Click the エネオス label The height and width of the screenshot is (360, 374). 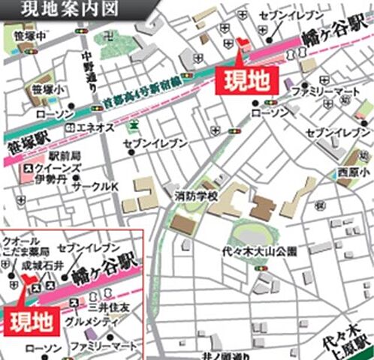(96, 127)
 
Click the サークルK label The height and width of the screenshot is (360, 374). (96, 185)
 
